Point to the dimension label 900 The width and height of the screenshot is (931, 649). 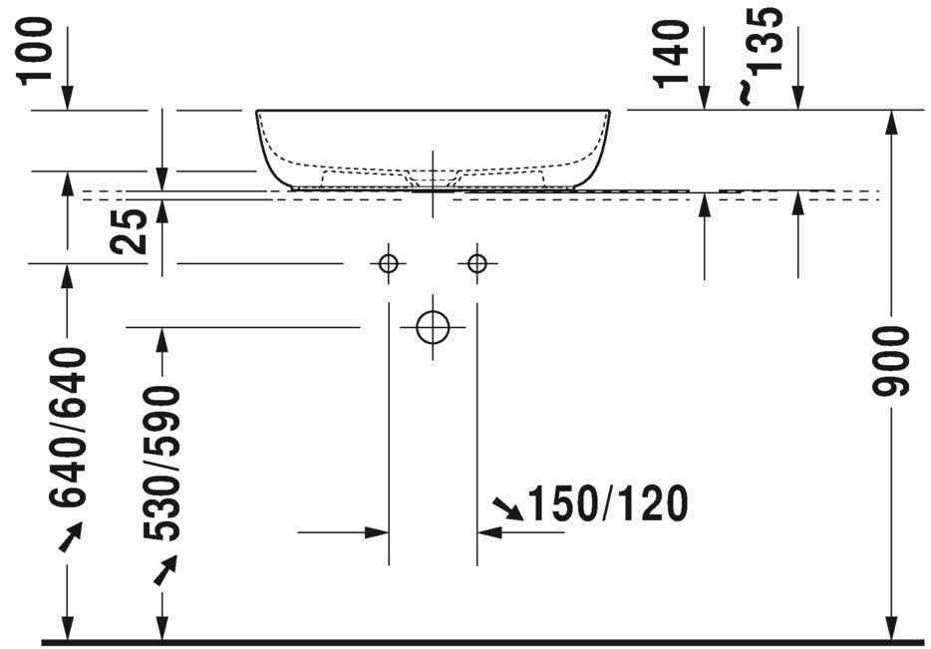pyautogui.click(x=892, y=360)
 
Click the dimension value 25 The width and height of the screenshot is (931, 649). pyautogui.click(x=134, y=229)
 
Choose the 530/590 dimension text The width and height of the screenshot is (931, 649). pyautogui.click(x=162, y=463)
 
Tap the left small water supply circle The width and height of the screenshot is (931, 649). pyautogui.click(x=388, y=263)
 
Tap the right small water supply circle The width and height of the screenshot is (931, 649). pyautogui.click(x=476, y=263)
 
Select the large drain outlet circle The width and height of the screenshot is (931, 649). pyautogui.click(x=433, y=326)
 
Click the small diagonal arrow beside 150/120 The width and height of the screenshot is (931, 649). pyautogui.click(x=508, y=510)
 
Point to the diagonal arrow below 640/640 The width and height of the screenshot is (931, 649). pyautogui.click(x=70, y=539)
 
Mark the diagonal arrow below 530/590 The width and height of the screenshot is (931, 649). pyautogui.click(x=163, y=571)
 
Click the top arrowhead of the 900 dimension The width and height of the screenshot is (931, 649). pyautogui.click(x=891, y=122)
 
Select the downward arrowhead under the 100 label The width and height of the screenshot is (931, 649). pyautogui.click(x=68, y=97)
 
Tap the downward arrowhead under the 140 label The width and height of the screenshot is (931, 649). pyautogui.click(x=705, y=97)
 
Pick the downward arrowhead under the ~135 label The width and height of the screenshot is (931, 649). pyautogui.click(x=796, y=97)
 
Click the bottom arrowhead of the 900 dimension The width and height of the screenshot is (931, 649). pyautogui.click(x=891, y=627)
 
